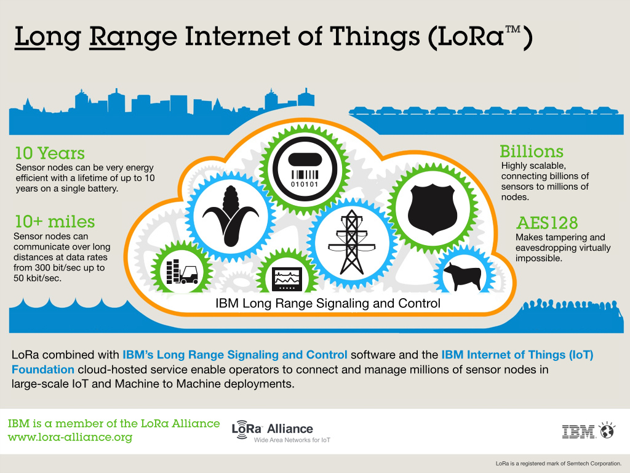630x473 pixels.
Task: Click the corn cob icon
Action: point(231,216)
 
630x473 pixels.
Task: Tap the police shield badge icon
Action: point(432,209)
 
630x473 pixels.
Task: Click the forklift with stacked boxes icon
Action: point(182,272)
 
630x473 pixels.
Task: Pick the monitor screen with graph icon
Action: point(287,279)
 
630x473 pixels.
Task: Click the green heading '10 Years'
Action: point(50,153)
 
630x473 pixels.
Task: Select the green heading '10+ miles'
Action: point(55,222)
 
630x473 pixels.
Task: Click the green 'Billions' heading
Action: point(532,152)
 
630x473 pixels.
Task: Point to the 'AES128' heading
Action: point(547,223)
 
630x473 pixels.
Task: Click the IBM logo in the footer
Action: point(578,432)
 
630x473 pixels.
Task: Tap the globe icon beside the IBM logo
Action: point(607,430)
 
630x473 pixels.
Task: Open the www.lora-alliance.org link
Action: point(70,437)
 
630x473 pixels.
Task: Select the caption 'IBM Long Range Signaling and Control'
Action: point(328,303)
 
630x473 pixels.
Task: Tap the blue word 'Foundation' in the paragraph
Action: point(43,370)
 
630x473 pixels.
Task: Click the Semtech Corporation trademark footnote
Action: point(559,464)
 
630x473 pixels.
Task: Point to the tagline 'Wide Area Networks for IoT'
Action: point(292,440)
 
